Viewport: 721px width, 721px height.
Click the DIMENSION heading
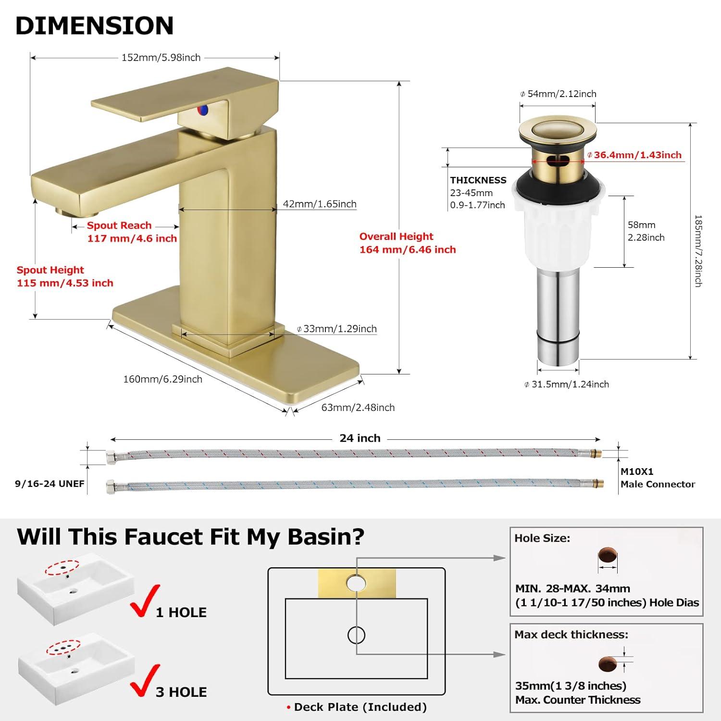(x=94, y=26)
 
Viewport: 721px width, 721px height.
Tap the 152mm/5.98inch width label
(x=161, y=58)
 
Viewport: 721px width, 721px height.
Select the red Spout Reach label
(x=119, y=225)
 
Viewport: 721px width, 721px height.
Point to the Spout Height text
(x=50, y=270)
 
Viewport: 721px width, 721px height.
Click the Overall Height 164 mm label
(x=407, y=243)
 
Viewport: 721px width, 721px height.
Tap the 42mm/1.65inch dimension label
(x=319, y=204)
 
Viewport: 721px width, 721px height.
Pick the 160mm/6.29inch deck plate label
(x=162, y=379)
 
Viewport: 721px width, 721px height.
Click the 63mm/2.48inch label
(x=358, y=408)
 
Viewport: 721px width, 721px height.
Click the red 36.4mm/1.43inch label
(x=637, y=155)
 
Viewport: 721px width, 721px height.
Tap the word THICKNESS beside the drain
(x=478, y=180)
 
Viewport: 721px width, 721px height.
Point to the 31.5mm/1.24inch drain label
(x=570, y=385)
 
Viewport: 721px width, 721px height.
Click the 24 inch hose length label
(x=360, y=438)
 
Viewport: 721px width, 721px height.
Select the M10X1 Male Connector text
(x=657, y=478)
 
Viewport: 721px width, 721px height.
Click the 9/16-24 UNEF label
(x=50, y=484)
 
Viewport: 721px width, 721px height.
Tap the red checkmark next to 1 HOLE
(x=145, y=601)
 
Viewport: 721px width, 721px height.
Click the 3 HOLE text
(x=181, y=692)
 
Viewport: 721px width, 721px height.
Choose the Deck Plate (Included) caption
(x=360, y=707)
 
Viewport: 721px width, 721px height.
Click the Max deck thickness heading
(x=571, y=635)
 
